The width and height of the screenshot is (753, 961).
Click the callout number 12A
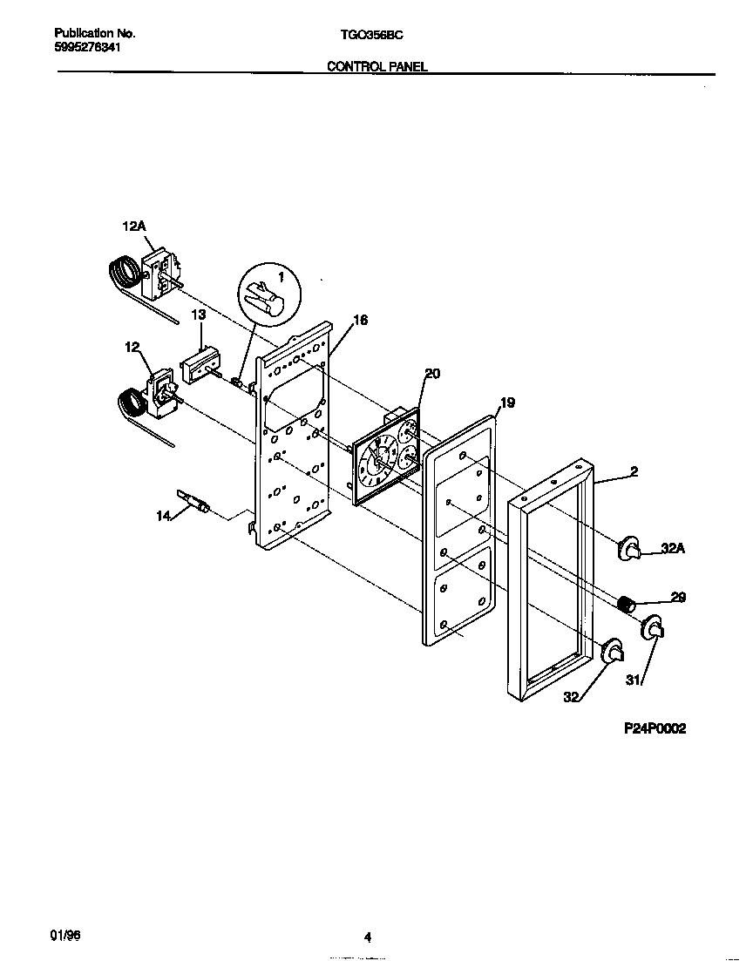click(x=133, y=227)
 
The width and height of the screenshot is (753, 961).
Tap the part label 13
click(x=199, y=314)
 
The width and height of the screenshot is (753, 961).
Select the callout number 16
click(x=360, y=321)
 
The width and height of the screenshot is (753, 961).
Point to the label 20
click(x=432, y=374)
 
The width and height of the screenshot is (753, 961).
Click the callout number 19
click(x=507, y=403)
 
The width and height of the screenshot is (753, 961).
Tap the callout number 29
click(x=678, y=598)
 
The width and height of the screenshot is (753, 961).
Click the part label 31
click(x=634, y=681)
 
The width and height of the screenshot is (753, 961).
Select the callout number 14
click(x=163, y=517)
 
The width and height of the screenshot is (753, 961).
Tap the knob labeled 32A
click(x=630, y=549)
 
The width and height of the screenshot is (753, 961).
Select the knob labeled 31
click(x=654, y=628)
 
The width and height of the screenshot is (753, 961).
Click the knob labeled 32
click(x=614, y=650)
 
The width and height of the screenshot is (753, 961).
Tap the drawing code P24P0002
click(x=654, y=728)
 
